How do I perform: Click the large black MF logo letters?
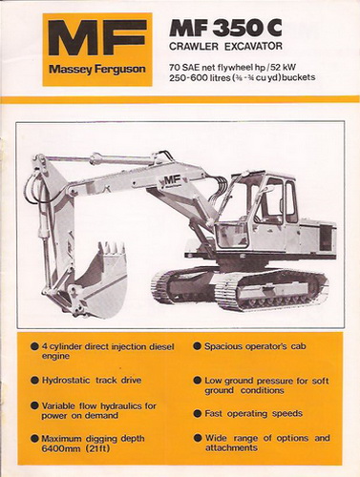coord(97,38)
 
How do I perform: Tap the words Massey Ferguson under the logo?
coord(97,70)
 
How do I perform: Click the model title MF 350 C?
coord(225,28)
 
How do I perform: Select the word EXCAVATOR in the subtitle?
coord(253,47)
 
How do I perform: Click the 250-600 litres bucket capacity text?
coord(200,77)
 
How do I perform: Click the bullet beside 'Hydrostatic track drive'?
coord(34,380)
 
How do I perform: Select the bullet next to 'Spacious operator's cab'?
coord(198,346)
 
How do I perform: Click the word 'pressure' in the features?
coord(275,381)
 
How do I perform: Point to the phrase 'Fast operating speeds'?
coord(253,414)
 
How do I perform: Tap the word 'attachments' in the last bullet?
coord(231,447)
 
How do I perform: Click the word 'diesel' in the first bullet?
coord(161,346)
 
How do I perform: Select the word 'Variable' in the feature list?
coord(59,406)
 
